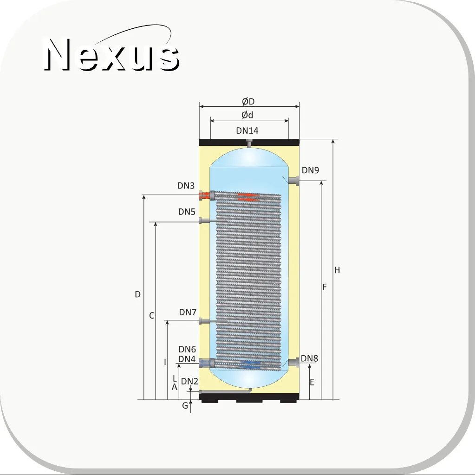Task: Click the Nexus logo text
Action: pyautogui.click(x=112, y=54)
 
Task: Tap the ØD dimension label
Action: pyautogui.click(x=248, y=102)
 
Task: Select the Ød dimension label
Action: pyautogui.click(x=247, y=115)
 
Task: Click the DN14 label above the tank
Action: pyautogui.click(x=247, y=130)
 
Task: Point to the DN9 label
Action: pyautogui.click(x=310, y=170)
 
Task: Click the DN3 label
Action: pyautogui.click(x=186, y=185)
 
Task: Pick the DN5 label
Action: pyautogui.click(x=187, y=212)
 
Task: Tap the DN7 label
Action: pyautogui.click(x=188, y=312)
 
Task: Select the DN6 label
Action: pyautogui.click(x=187, y=349)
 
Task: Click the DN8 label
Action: pyautogui.click(x=309, y=358)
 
